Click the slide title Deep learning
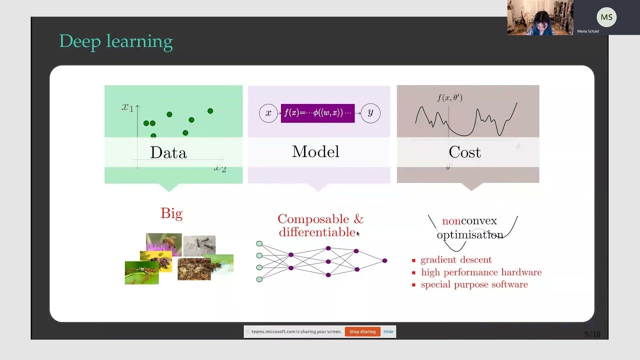click(116, 41)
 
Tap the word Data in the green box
click(168, 152)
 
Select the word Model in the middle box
click(315, 152)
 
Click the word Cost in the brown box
click(464, 152)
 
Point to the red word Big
click(171, 213)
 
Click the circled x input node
click(268, 113)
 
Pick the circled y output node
click(370, 113)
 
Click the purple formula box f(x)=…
click(317, 113)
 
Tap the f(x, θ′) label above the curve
click(449, 98)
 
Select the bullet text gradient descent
click(456, 260)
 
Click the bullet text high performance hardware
click(481, 272)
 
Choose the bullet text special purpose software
click(474, 284)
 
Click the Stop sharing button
click(362, 331)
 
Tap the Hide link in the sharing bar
click(388, 331)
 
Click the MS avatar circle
click(606, 17)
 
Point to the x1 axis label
click(127, 107)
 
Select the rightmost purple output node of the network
click(384, 260)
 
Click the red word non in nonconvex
click(451, 221)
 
